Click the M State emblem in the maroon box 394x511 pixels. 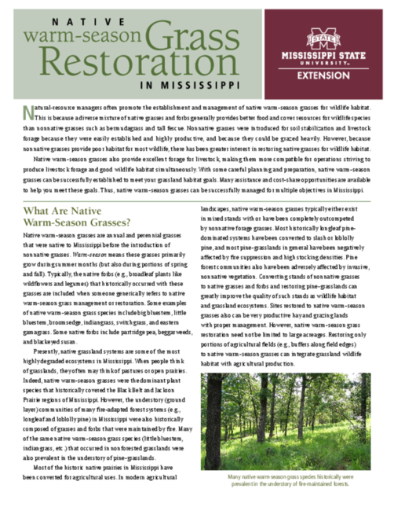tap(322, 37)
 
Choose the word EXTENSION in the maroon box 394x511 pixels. tap(322, 77)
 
